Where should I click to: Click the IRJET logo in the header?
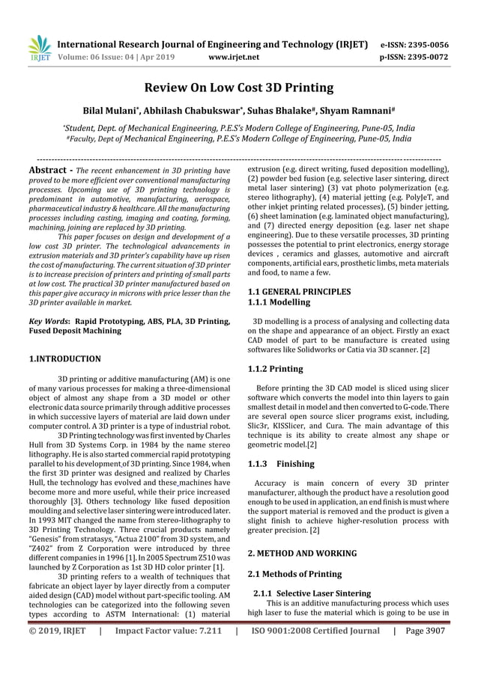[x=38, y=47]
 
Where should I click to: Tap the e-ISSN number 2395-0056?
[x=424, y=44]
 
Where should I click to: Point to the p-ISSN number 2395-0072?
[x=424, y=56]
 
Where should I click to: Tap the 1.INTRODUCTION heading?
[x=64, y=359]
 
